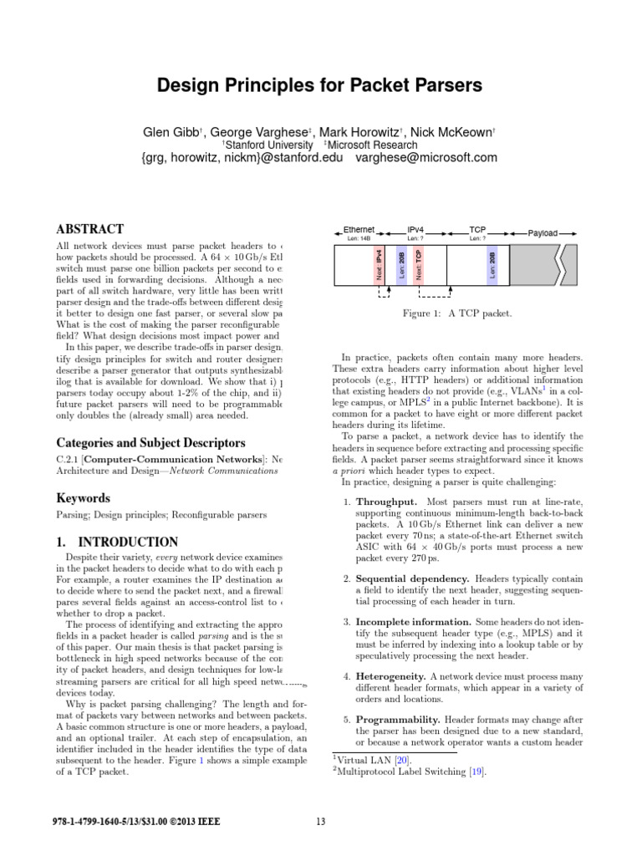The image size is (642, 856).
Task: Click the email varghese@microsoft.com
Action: [x=426, y=157]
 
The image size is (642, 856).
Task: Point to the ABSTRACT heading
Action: [x=89, y=229]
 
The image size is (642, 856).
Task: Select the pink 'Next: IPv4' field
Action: [x=380, y=264]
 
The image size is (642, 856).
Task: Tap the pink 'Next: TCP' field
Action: [x=420, y=264]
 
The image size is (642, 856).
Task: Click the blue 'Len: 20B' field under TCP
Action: [x=492, y=264]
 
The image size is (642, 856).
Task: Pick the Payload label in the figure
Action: [x=543, y=233]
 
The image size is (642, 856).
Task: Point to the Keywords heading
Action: [x=83, y=498]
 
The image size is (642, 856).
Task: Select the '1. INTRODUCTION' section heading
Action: [x=116, y=543]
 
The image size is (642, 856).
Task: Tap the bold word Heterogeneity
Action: [x=395, y=675]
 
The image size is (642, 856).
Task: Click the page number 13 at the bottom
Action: [x=321, y=821]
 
